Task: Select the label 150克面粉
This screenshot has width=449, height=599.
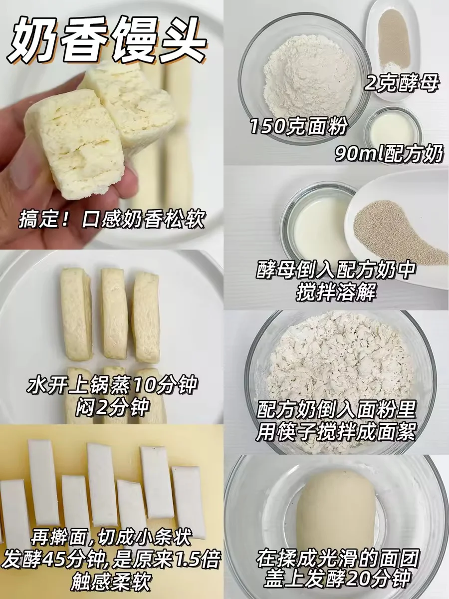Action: pos(299,126)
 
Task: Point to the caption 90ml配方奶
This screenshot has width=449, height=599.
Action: pos(388,154)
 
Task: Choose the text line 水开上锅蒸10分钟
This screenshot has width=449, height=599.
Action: pos(111,385)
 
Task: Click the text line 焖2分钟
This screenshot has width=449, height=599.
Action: pos(112,408)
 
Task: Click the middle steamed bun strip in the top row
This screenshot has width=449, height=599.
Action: pos(115,314)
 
